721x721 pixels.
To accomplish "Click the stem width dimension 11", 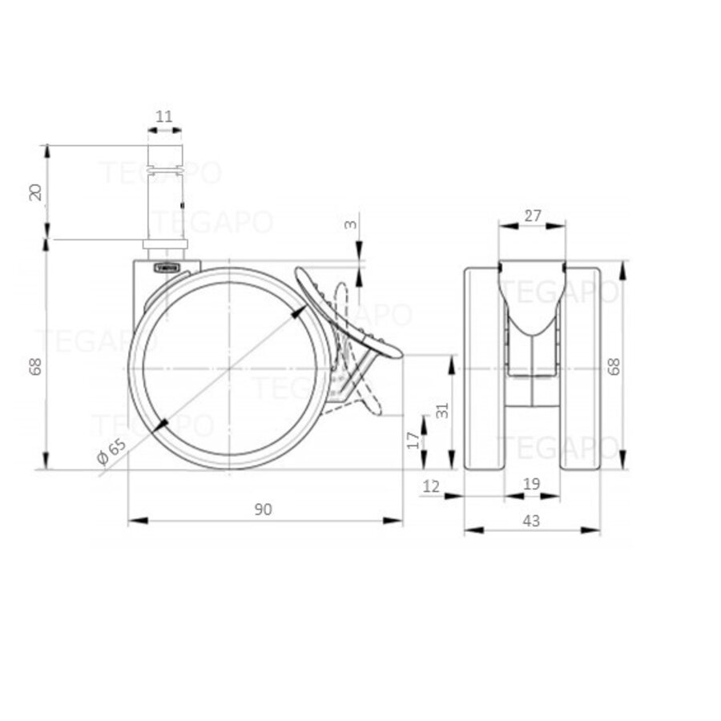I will [163, 117].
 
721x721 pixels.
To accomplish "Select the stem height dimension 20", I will [34, 192].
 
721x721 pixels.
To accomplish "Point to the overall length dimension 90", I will [264, 509].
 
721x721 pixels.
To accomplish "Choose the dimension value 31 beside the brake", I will [441, 410].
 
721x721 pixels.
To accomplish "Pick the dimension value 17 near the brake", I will [413, 440].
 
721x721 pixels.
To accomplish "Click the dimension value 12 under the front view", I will [431, 484].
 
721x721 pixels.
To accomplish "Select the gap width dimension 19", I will [531, 484].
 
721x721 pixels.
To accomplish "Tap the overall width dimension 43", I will [531, 520].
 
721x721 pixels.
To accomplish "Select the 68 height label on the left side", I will [34, 365].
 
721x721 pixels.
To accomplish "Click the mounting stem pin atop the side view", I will [164, 192].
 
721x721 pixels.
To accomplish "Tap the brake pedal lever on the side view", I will [348, 312].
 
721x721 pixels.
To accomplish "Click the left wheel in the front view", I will [484, 369].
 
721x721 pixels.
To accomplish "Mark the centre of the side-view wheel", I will [229, 368].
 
